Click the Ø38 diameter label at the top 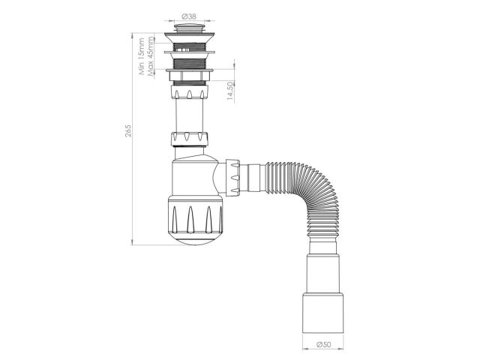point(189,15)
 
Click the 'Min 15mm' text point(141,58)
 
